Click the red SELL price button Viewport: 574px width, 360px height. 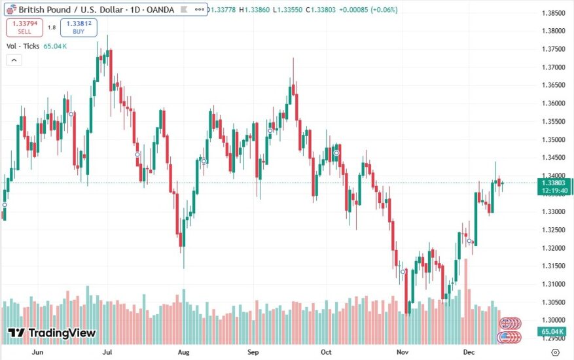24,27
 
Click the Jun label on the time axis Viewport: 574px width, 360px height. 37,351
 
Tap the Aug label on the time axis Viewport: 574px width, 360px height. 184,351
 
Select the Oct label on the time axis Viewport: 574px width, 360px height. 327,351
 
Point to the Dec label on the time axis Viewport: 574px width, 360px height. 470,351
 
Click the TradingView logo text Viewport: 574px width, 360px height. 52,333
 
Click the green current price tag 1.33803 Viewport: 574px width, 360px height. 554,183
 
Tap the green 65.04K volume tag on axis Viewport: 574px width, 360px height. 554,333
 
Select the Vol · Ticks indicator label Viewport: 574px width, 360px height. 24,46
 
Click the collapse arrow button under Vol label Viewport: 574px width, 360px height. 12,60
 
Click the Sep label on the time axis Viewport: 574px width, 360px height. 254,351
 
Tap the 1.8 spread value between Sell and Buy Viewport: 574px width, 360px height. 52,27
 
